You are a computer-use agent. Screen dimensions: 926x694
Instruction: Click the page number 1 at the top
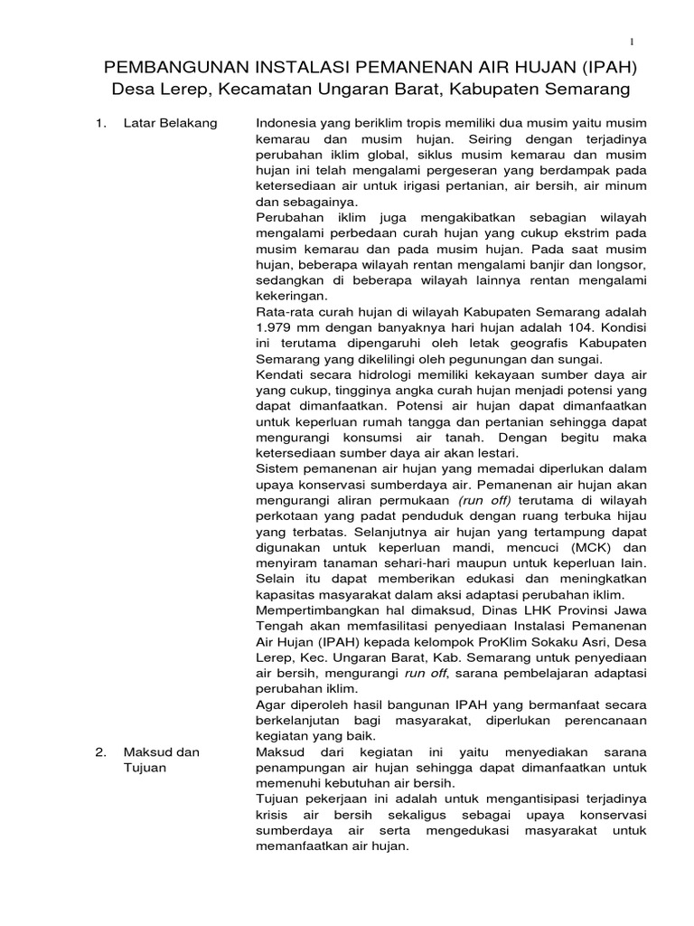[633, 42]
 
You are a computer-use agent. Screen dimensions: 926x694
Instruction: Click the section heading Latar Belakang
[170, 123]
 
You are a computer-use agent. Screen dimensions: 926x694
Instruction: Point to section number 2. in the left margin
[102, 752]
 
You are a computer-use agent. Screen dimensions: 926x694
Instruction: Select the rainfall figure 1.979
[276, 326]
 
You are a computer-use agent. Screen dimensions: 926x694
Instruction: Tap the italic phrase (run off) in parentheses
[485, 499]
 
